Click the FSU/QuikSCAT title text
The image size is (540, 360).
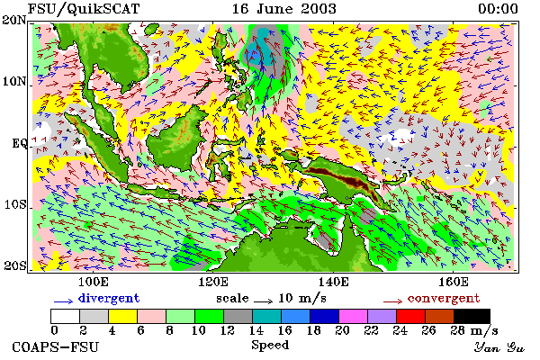coord(84,9)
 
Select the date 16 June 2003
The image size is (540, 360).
coord(283,9)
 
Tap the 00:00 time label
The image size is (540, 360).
coord(498,9)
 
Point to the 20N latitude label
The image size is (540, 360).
coord(14,20)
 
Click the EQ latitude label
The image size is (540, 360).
coord(19,143)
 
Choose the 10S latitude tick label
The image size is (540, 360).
coord(15,204)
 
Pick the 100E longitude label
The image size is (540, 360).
coord(93,282)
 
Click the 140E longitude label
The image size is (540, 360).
coord(333,282)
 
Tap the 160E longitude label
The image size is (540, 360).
coord(454,282)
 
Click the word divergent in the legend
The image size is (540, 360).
coord(109,298)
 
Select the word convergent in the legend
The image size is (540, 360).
coord(444,298)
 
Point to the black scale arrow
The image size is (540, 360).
coord(263,301)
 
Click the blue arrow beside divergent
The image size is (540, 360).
coord(63,301)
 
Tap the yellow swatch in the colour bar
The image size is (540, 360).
coord(123,316)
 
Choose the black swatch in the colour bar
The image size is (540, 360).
coord(472,316)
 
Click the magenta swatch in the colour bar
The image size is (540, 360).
coord(354,316)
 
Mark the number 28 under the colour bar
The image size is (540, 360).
coord(457,330)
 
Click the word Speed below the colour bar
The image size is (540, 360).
coord(270,346)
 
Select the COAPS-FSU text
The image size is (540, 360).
coord(56,346)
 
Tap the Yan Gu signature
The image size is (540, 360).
coord(499,347)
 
